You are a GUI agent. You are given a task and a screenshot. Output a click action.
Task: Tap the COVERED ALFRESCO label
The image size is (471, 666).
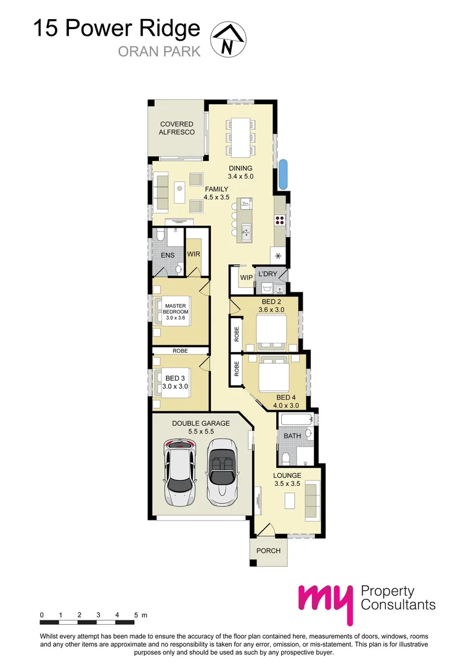(177, 128)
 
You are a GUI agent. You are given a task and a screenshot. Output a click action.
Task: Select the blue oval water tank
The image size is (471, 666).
(283, 174)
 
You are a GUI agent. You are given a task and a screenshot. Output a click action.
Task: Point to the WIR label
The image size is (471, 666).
(194, 254)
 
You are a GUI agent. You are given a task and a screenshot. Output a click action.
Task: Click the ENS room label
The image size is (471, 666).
(168, 255)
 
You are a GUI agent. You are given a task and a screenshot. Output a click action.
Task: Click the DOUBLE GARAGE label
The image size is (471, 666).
(201, 423)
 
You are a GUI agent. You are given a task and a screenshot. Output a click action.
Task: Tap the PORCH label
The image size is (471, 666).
(269, 551)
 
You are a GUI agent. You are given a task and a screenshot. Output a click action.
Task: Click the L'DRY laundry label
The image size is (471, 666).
(268, 274)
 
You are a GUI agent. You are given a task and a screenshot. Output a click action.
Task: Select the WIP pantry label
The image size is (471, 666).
(246, 278)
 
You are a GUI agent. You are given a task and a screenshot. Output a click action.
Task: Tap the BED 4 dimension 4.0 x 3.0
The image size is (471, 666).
(286, 406)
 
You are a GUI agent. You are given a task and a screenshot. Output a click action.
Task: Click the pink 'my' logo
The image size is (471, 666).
(325, 603)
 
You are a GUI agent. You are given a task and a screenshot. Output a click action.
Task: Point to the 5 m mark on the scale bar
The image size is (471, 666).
(136, 615)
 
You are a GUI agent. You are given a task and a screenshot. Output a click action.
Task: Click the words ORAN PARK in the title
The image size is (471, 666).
(160, 51)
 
